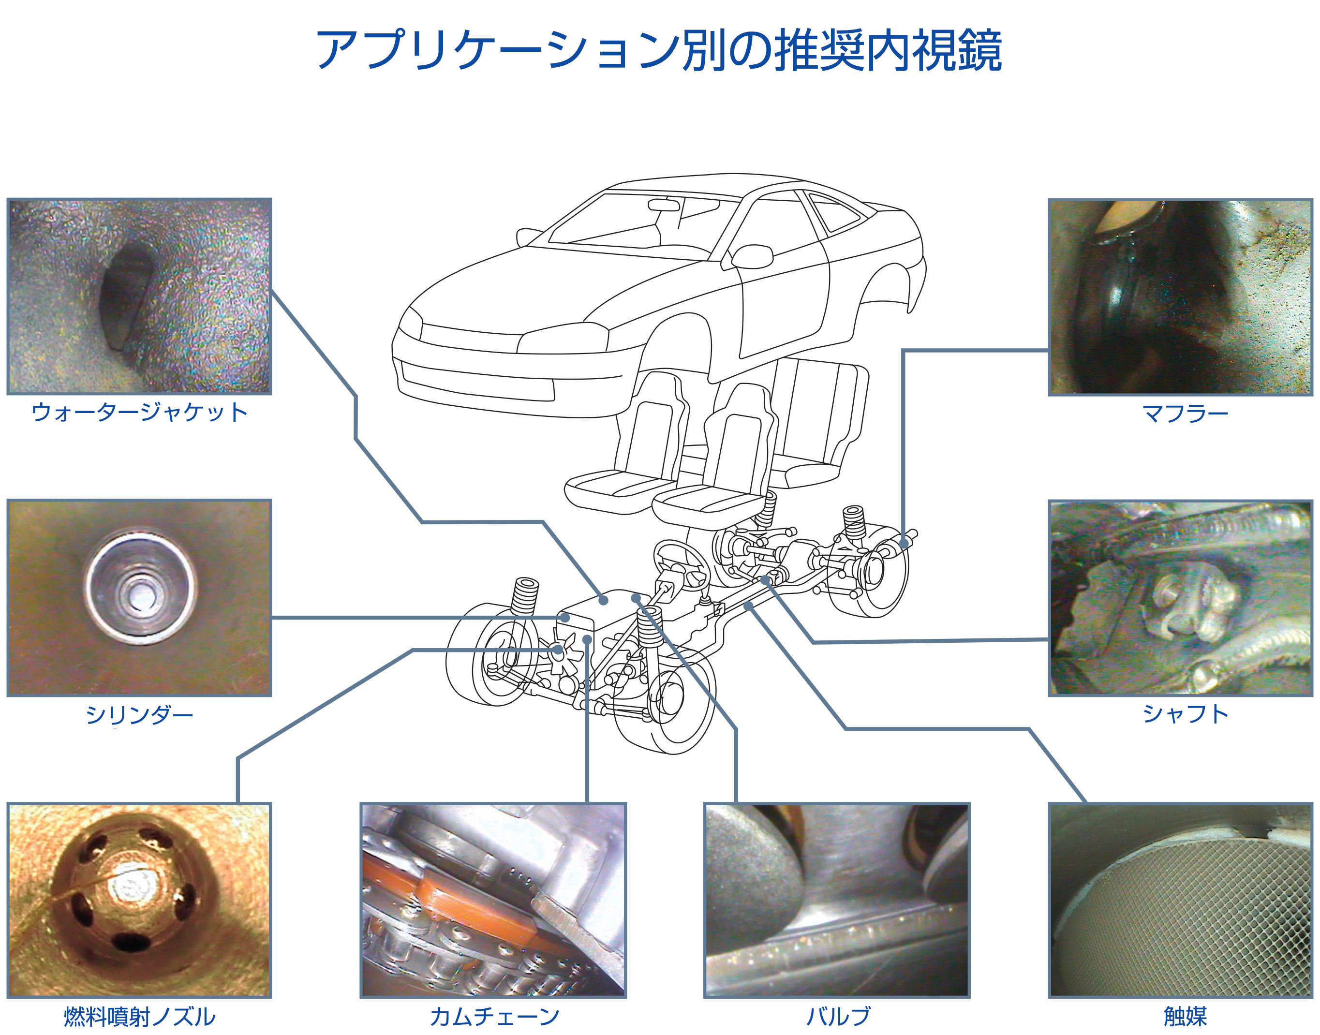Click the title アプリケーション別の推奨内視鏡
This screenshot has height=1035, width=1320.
[x=659, y=50]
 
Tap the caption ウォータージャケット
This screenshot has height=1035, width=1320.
[x=139, y=413]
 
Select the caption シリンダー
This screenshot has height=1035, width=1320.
[x=139, y=714]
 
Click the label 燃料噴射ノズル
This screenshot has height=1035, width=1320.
[x=139, y=1016]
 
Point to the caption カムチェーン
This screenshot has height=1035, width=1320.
[x=494, y=1016]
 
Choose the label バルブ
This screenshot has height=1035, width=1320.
[x=838, y=1016]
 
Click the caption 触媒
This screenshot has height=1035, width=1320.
[x=1185, y=1016]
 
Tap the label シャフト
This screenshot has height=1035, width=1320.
[x=1185, y=714]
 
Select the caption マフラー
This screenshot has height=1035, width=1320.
[x=1185, y=414]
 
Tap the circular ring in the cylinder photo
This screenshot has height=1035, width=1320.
[x=141, y=586]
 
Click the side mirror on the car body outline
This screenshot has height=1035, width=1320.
[x=752, y=256]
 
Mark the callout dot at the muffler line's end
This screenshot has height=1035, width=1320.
[x=904, y=544]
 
